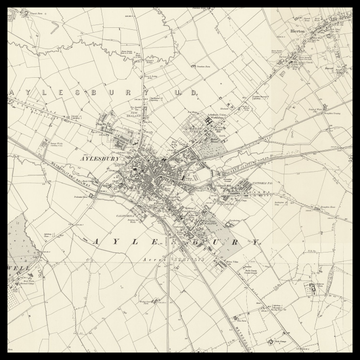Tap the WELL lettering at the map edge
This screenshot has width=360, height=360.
click(16, 272)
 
